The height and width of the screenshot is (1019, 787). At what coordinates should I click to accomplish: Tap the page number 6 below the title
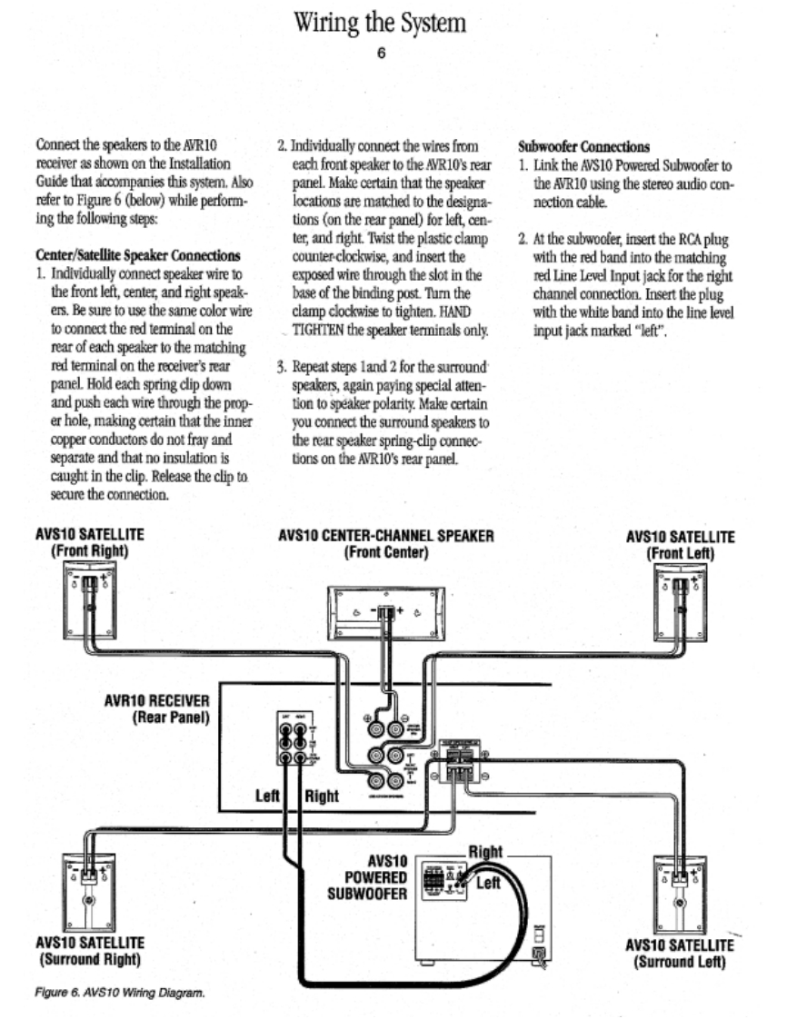coord(382,53)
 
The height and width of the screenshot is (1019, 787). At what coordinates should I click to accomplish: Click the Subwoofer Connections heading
coord(583,145)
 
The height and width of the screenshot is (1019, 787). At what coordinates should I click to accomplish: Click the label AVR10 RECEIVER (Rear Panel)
coord(158,708)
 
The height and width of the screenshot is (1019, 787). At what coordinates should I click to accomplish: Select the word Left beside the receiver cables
coord(267,796)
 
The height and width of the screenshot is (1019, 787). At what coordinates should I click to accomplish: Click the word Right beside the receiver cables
coord(321,796)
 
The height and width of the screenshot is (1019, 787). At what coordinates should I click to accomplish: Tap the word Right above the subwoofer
coord(484,851)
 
